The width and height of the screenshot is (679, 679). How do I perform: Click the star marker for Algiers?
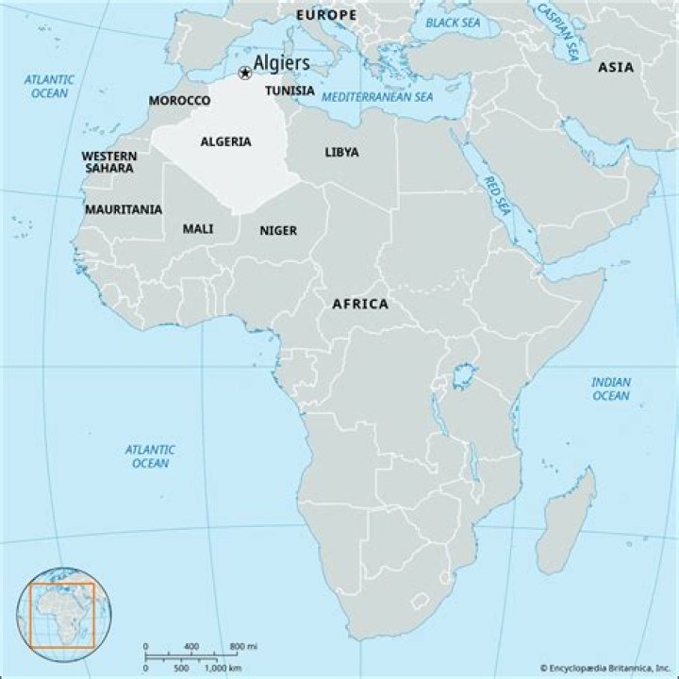pyautogui.click(x=245, y=73)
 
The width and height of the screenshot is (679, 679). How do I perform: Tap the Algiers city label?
pyautogui.click(x=281, y=62)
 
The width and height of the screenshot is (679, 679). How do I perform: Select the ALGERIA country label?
pyautogui.click(x=225, y=141)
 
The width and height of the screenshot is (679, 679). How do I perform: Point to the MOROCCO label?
pyautogui.click(x=179, y=100)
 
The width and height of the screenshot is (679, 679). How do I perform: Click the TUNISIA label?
pyautogui.click(x=290, y=91)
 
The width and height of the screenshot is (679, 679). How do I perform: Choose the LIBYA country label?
pyautogui.click(x=341, y=151)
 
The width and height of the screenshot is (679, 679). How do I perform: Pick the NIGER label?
pyautogui.click(x=278, y=230)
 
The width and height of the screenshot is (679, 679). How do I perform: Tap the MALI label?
pyautogui.click(x=198, y=228)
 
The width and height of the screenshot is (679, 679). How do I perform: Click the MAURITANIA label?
pyautogui.click(x=123, y=209)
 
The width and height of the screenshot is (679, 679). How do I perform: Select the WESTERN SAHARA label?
pyautogui.click(x=108, y=161)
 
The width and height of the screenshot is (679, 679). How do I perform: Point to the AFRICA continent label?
pyautogui.click(x=359, y=304)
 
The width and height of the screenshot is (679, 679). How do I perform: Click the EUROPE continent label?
pyautogui.click(x=326, y=16)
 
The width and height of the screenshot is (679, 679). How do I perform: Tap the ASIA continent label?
pyautogui.click(x=615, y=67)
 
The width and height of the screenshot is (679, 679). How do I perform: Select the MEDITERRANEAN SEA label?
pyautogui.click(x=376, y=97)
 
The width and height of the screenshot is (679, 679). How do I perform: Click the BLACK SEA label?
pyautogui.click(x=454, y=22)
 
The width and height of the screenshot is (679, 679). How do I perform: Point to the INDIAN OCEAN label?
pyautogui.click(x=610, y=389)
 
